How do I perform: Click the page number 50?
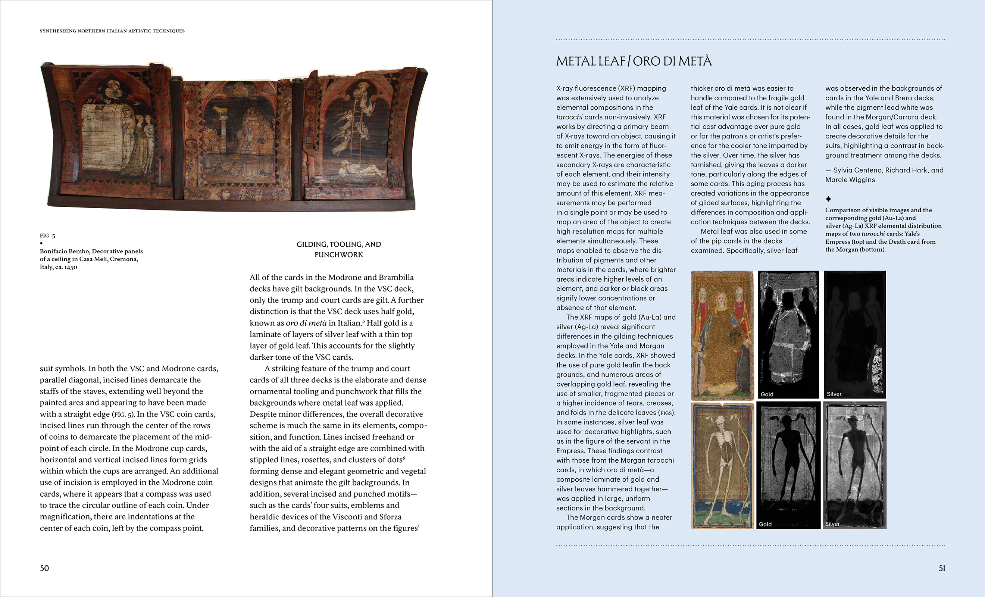(44, 568)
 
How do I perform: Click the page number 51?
(942, 568)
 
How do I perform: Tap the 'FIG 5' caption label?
(47, 235)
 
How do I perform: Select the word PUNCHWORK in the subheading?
(339, 255)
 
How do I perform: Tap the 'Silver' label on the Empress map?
(834, 394)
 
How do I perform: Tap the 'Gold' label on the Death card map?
(765, 524)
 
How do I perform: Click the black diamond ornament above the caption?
(41, 243)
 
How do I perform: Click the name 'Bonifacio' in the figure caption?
(53, 251)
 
